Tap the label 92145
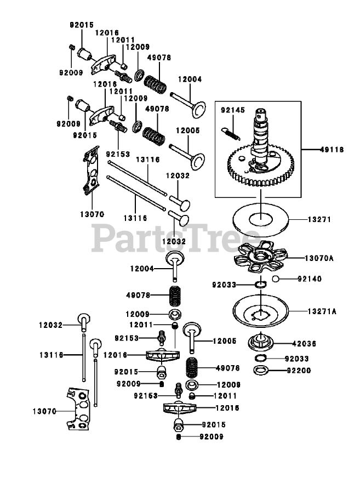[232, 110]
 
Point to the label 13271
[320, 219]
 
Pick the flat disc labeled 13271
[262, 220]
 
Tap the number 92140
[310, 279]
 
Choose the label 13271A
[322, 311]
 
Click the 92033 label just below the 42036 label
[298, 359]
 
